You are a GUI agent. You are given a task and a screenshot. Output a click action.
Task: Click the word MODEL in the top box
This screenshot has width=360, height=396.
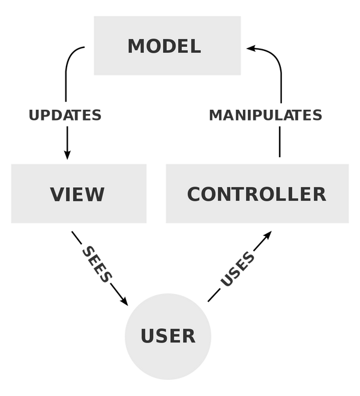pyautogui.click(x=164, y=46)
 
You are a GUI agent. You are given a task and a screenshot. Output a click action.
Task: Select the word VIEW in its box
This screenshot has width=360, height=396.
pyautogui.click(x=77, y=194)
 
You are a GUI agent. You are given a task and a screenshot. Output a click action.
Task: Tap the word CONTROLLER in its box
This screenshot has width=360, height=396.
pyautogui.click(x=257, y=194)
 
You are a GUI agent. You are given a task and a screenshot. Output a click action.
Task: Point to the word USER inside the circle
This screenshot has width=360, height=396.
pyautogui.click(x=168, y=336)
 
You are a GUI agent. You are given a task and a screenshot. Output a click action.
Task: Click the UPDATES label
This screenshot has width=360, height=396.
pyautogui.click(x=65, y=115)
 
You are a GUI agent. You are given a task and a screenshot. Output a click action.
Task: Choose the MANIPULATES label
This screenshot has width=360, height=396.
pyautogui.click(x=266, y=115)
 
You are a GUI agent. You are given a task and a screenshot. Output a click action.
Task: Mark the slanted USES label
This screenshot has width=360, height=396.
pyautogui.click(x=238, y=269)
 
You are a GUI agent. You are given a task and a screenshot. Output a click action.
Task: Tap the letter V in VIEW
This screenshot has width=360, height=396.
pyautogui.click(x=57, y=194)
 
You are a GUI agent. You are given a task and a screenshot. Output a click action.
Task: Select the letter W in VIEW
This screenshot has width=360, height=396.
pyautogui.click(x=95, y=194)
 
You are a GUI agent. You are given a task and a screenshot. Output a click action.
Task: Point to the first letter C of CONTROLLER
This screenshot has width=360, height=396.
pyautogui.click(x=195, y=194)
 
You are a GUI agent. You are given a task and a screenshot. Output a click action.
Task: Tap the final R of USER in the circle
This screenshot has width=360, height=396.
pyautogui.click(x=188, y=336)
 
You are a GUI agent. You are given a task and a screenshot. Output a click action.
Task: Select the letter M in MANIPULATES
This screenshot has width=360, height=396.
pyautogui.click(x=215, y=115)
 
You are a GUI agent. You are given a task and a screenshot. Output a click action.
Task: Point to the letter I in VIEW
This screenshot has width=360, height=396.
pyautogui.click(x=69, y=194)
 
